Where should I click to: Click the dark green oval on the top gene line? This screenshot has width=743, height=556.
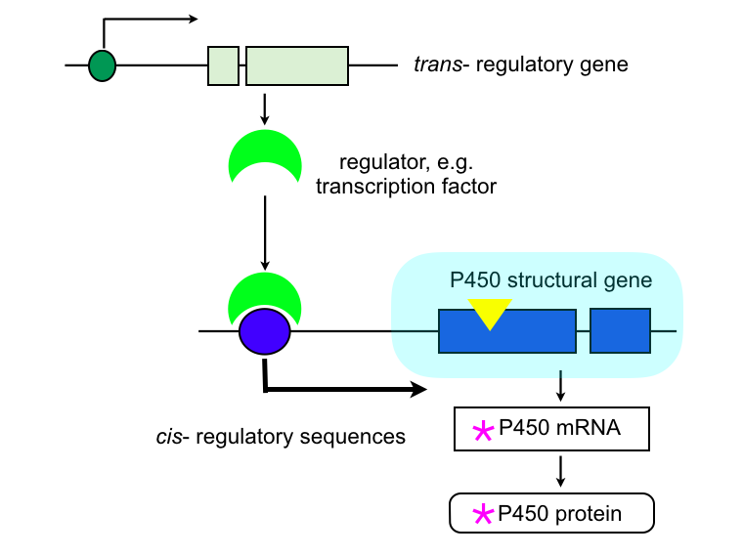click(102, 65)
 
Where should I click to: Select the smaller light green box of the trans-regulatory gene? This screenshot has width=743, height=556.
click(223, 65)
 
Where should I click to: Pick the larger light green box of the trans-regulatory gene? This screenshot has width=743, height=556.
click(296, 65)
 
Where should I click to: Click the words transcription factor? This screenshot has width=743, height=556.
click(406, 185)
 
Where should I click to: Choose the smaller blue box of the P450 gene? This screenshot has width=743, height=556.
click(620, 330)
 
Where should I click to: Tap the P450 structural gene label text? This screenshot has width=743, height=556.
click(550, 280)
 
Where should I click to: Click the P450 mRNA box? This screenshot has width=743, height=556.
click(551, 429)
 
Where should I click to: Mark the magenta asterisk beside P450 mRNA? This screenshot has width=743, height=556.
click(483, 431)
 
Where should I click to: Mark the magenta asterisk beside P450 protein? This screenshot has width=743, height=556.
click(483, 515)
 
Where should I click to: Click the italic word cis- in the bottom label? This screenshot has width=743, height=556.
click(172, 437)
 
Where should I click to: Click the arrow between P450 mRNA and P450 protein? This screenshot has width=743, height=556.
click(561, 471)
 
